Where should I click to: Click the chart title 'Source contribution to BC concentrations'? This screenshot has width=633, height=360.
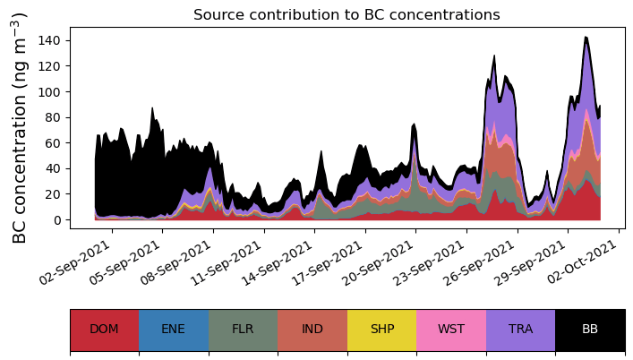346,14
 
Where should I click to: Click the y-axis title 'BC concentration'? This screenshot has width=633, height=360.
20,127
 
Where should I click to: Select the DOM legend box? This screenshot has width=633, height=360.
104,329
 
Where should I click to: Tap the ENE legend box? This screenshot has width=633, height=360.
174,329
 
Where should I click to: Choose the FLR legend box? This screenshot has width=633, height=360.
243,329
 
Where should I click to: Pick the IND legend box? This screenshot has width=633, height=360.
312,329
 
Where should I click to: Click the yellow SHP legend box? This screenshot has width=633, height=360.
381,329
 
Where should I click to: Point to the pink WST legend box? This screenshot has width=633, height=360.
451,329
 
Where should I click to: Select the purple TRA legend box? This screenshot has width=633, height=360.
520,329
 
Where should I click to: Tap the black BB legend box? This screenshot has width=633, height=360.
590,329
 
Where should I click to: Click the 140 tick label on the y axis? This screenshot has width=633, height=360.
52,40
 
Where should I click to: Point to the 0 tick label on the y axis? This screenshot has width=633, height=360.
58,219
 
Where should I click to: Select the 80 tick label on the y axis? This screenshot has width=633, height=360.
55,117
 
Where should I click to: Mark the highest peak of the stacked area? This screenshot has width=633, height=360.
586,38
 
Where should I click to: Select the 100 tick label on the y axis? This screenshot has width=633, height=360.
52,91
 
